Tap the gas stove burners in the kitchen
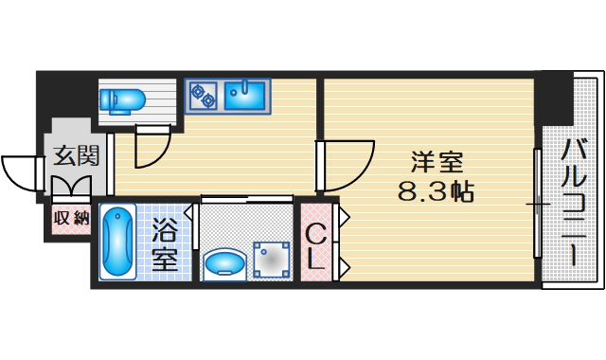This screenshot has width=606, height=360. tap(203, 94)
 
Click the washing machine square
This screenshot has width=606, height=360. tap(272, 257)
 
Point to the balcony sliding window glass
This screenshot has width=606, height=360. tap(537, 203)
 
